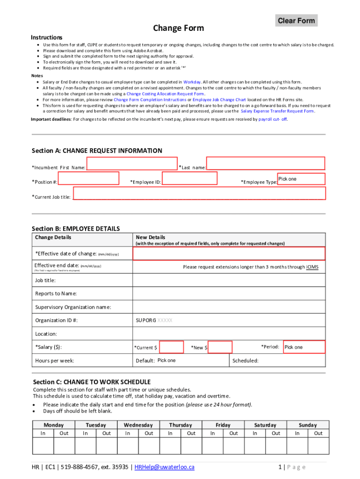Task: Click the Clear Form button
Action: [296, 21]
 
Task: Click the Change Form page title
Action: [178, 28]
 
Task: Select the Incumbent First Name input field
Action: [131, 164]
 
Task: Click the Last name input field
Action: [265, 163]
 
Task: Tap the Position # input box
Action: [86, 179]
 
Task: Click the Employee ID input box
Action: [189, 179]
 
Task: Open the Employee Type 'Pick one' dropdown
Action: [301, 179]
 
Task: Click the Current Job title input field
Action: [199, 194]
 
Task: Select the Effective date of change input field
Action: [229, 254]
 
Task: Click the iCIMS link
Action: [312, 267]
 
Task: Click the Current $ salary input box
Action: [171, 347]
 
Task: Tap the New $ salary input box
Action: [220, 347]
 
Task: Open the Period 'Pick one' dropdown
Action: [304, 347]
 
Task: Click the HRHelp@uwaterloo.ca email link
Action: [164, 467]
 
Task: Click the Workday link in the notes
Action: [192, 82]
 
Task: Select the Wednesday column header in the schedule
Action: [138, 425]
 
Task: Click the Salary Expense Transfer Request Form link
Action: [277, 111]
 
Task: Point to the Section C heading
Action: [91, 382]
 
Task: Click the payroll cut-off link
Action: [273, 120]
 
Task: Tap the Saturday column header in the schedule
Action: [265, 425]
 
